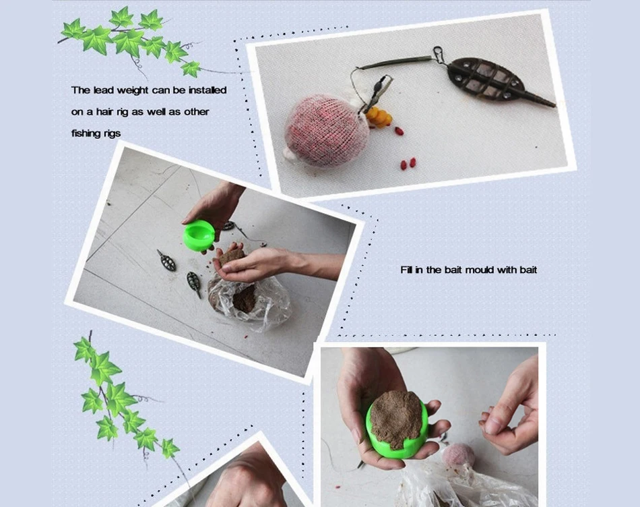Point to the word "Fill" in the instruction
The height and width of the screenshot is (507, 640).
[x=406, y=270]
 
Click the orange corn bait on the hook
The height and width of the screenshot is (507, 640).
[x=379, y=117]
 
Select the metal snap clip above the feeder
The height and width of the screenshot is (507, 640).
[x=438, y=53]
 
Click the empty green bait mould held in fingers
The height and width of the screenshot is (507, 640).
[x=199, y=235]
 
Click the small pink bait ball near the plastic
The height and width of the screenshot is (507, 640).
[x=459, y=456]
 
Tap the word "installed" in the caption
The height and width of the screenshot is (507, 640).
[x=207, y=90]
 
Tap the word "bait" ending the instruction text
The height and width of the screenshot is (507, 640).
[x=528, y=270]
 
